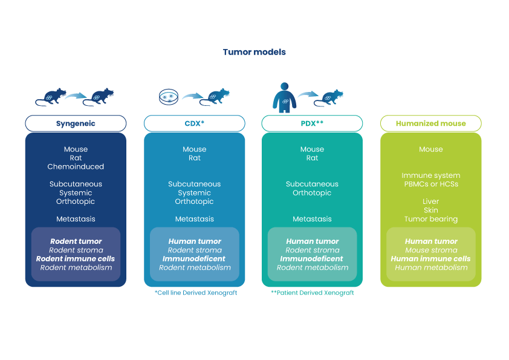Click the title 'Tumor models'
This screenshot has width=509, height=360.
[x=254, y=52]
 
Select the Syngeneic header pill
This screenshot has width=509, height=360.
[x=76, y=123]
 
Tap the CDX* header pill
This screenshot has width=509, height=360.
[x=194, y=123]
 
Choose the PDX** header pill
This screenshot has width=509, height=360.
[x=312, y=123]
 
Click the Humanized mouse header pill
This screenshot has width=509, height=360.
[x=430, y=123]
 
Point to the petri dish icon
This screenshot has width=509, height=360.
[x=169, y=96]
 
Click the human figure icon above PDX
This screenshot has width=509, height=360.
[x=284, y=97]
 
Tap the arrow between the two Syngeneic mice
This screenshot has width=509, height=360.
[x=76, y=95]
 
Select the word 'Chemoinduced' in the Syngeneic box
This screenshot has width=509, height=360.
[x=76, y=166]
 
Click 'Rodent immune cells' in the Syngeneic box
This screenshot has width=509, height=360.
[x=76, y=259]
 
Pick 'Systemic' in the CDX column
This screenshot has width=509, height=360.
[x=194, y=193]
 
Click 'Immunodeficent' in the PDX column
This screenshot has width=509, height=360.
[x=312, y=259]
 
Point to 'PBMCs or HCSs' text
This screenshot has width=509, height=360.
[x=430, y=184]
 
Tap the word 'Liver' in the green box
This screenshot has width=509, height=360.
[x=430, y=201]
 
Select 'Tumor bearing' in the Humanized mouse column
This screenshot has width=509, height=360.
[x=430, y=219]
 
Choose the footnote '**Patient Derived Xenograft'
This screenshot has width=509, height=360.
[x=312, y=293]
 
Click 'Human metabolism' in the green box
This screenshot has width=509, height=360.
[x=430, y=267]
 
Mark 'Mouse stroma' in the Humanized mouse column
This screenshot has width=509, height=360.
[x=430, y=250]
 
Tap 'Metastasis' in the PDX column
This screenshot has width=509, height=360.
[x=312, y=219]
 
